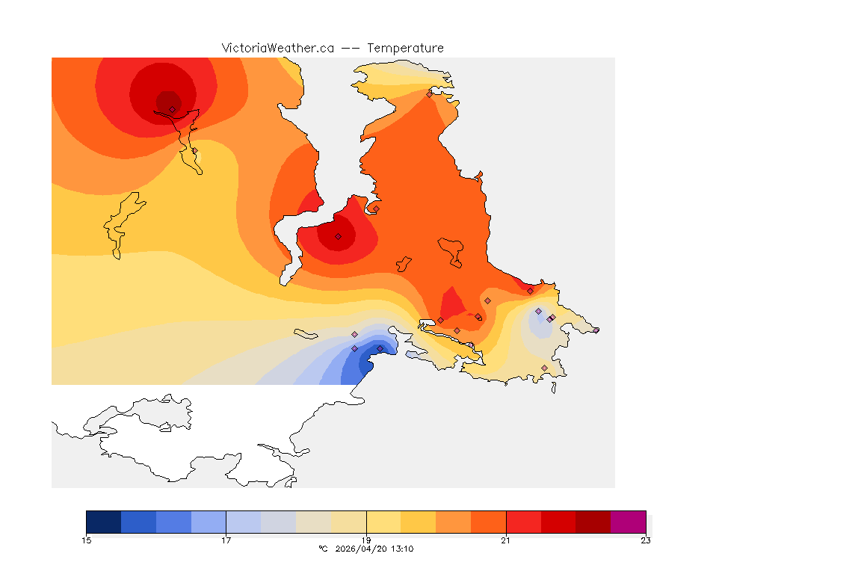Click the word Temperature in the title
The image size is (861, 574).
pyautogui.click(x=406, y=48)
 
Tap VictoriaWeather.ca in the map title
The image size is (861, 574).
pyautogui.click(x=277, y=48)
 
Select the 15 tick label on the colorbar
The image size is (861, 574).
pyautogui.click(x=87, y=540)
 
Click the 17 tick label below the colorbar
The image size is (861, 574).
pyautogui.click(x=226, y=540)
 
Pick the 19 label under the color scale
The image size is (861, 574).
pyautogui.click(x=366, y=540)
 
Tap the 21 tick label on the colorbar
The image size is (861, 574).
pyautogui.click(x=506, y=540)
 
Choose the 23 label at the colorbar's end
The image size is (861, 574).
pyautogui.click(x=646, y=540)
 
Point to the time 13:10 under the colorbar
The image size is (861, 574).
pyautogui.click(x=402, y=549)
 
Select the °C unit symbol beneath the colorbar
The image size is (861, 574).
pyautogui.click(x=323, y=549)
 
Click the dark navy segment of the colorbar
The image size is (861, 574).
pyautogui.click(x=104, y=522)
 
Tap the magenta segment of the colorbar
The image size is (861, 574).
pyautogui.click(x=629, y=522)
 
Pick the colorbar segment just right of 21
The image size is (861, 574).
pyautogui.click(x=524, y=522)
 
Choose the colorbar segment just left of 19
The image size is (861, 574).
pyautogui.click(x=348, y=522)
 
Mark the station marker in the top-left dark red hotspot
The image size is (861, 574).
pyautogui.click(x=172, y=109)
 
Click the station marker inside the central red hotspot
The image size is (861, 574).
pyautogui.click(x=338, y=236)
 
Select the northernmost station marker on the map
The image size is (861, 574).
pyautogui.click(x=429, y=94)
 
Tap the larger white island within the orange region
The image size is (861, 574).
pyautogui.click(x=451, y=250)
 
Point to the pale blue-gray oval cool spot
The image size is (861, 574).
pyautogui.click(x=537, y=324)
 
